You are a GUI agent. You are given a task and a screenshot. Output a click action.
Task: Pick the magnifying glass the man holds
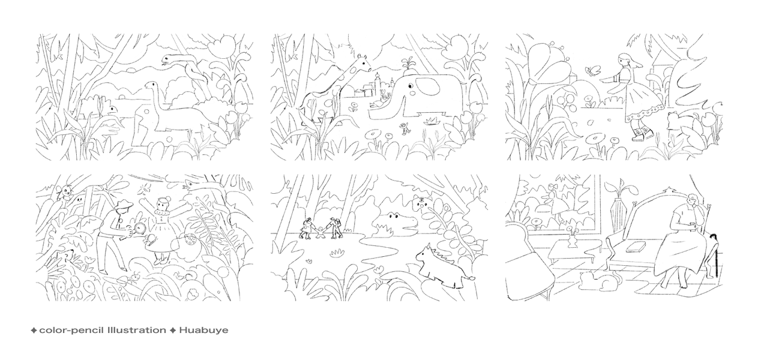[139, 228]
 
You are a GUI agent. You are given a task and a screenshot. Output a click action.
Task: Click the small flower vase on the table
[572, 241]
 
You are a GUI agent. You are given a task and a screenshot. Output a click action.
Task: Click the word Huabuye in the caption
[203, 330]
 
